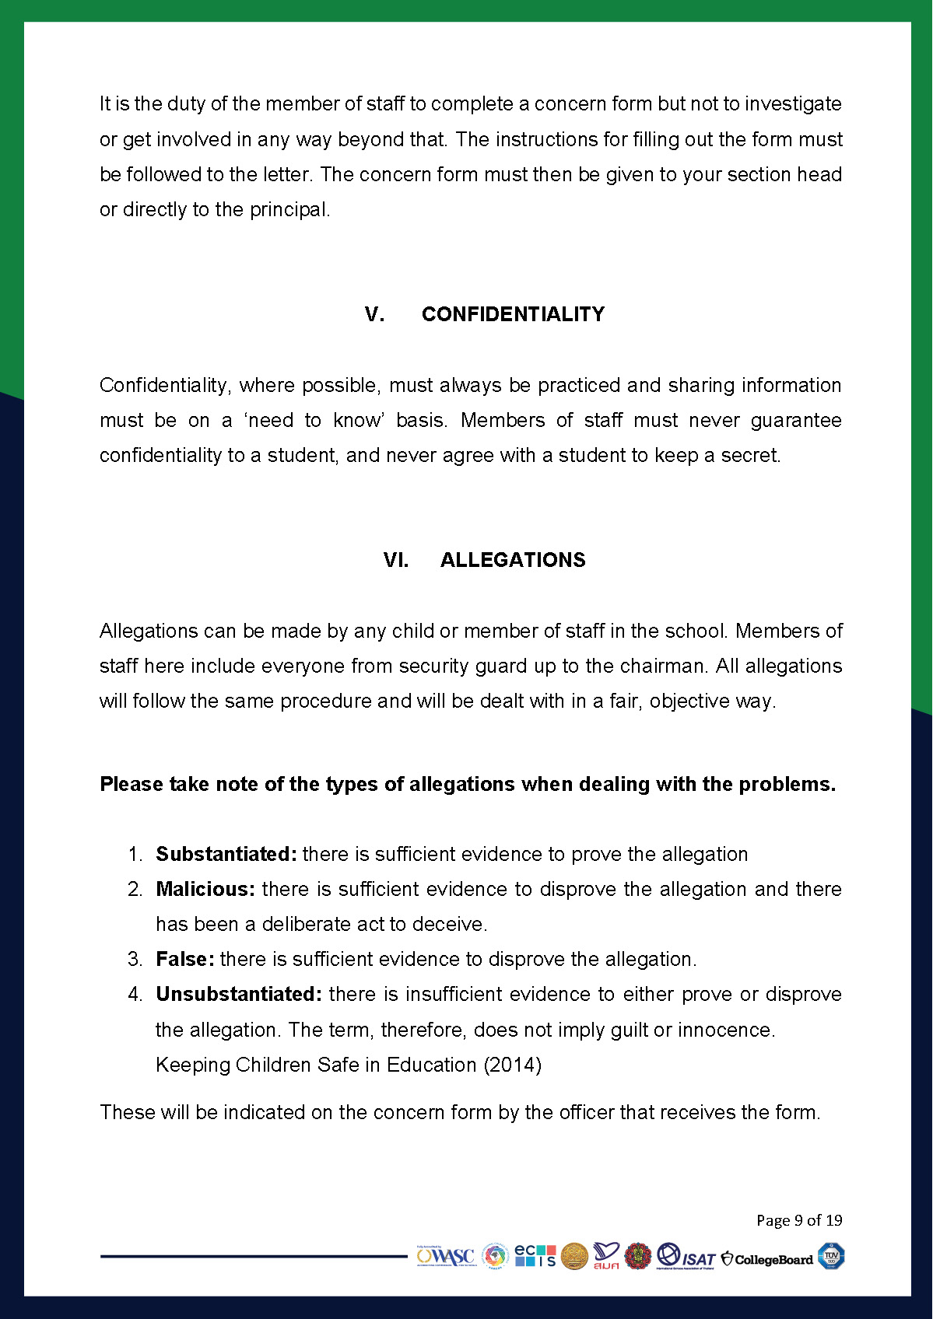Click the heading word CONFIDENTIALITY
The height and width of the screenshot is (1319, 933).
point(513,314)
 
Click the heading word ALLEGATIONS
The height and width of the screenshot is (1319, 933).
point(513,560)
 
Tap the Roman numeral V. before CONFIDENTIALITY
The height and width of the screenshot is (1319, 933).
point(374,314)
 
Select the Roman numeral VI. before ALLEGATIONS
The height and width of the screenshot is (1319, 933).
point(395,560)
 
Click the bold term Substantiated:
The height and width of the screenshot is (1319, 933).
point(226,854)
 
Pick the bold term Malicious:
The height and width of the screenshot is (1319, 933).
point(205,889)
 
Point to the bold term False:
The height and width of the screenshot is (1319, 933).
point(184,959)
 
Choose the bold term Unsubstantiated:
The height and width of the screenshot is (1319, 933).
point(238,994)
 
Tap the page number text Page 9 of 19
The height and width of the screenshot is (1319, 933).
point(799,1220)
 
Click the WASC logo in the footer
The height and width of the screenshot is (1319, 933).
point(445,1256)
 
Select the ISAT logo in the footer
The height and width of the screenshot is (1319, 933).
point(686,1256)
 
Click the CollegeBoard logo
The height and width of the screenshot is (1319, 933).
point(767,1259)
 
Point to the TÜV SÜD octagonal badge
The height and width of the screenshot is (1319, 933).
point(830,1256)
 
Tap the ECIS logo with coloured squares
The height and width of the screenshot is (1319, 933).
point(535,1255)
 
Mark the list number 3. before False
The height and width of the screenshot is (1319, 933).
point(135,959)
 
